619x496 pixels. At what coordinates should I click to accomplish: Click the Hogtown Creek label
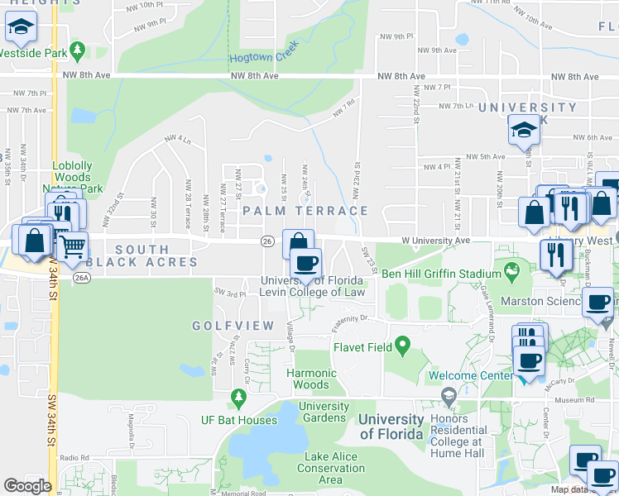point(263,57)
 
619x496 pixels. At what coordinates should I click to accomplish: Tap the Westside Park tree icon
point(78,51)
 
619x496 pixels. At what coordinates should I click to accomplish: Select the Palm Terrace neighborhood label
point(305,211)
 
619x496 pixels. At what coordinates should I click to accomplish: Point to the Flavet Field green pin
point(402,343)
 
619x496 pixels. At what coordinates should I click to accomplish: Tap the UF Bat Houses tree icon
point(239,399)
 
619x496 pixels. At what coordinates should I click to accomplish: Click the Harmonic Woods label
point(312,379)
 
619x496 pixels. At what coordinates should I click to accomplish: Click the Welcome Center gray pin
point(449,397)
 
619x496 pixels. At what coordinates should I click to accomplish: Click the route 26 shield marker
point(266,241)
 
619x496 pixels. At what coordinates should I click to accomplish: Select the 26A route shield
point(80,278)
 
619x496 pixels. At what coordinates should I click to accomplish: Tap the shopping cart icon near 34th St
point(73,246)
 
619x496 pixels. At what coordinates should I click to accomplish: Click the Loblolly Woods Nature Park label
point(78,177)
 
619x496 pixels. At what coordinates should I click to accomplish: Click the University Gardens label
point(324,412)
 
